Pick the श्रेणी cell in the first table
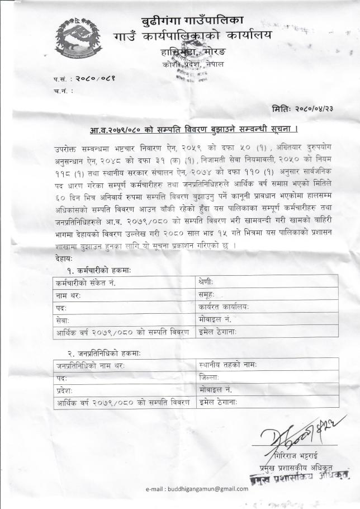[206, 282]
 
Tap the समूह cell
[206, 294]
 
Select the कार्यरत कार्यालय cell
[224, 307]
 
